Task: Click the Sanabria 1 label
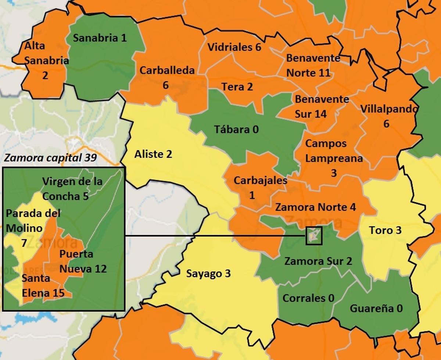coord(100,38)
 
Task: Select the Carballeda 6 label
coord(166,78)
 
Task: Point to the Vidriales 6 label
coord(234,47)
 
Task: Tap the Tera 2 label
coord(237,87)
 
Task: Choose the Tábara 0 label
coord(236,129)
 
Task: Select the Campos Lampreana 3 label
coord(334,158)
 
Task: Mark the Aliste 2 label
coord(153,154)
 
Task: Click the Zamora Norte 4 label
coord(315,207)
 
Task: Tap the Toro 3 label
coord(385,230)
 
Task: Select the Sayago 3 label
coord(208,274)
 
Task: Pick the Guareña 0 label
coord(376,308)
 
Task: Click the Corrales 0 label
coord(308,298)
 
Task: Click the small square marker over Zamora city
coord(313,236)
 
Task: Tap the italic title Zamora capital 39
coord(50,158)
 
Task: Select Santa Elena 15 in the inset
coord(43,285)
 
